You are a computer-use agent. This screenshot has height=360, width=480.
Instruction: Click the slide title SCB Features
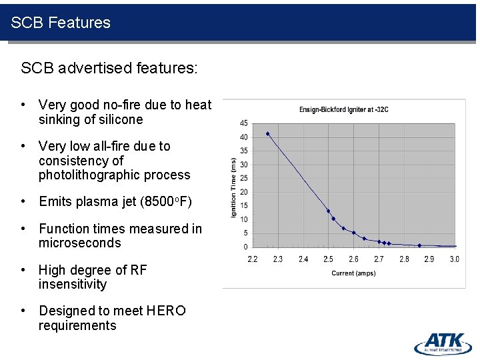point(61,23)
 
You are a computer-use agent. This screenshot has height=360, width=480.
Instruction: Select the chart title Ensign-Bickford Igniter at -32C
point(343,109)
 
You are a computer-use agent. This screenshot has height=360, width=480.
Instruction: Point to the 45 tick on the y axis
point(244,123)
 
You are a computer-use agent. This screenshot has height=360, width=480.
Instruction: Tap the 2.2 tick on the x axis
point(253,259)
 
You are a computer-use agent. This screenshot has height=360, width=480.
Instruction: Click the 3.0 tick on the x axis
point(454,259)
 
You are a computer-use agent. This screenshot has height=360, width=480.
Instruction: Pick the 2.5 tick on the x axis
point(328,259)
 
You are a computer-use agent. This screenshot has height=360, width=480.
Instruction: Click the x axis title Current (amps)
point(353,273)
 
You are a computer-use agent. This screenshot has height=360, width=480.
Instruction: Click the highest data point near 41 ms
point(268,134)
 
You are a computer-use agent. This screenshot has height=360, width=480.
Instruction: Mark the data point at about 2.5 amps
point(328,211)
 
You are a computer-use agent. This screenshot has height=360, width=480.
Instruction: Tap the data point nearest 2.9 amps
point(419,245)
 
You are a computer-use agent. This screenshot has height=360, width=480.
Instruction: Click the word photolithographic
point(114,175)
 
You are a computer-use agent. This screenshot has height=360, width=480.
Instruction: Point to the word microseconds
point(79,243)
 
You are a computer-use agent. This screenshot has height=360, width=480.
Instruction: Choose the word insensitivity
point(72,285)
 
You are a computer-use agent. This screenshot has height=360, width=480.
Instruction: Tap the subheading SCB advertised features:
point(109,68)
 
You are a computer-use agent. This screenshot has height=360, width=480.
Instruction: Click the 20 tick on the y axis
point(244,192)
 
